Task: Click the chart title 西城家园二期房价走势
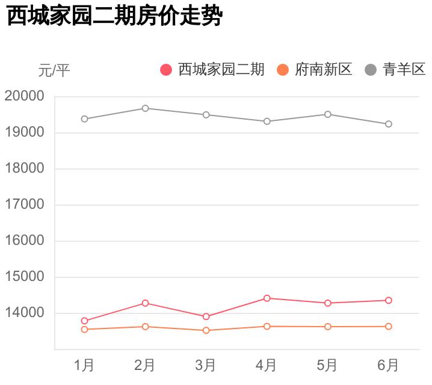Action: click(x=114, y=17)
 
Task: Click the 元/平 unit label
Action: click(x=54, y=70)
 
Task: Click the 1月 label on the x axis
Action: click(x=84, y=365)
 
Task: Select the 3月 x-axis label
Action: click(x=206, y=365)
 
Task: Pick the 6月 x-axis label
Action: click(x=389, y=365)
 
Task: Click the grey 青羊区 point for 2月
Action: click(x=145, y=108)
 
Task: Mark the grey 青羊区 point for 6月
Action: click(x=389, y=124)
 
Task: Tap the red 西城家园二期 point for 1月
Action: click(x=84, y=321)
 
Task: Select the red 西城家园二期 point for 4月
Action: click(x=267, y=298)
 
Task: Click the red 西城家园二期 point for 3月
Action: click(x=206, y=316)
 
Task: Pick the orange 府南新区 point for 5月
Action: click(x=328, y=327)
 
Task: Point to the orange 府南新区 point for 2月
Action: click(x=145, y=327)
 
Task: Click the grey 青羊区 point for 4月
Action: click(x=267, y=122)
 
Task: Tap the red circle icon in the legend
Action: click(x=166, y=70)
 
